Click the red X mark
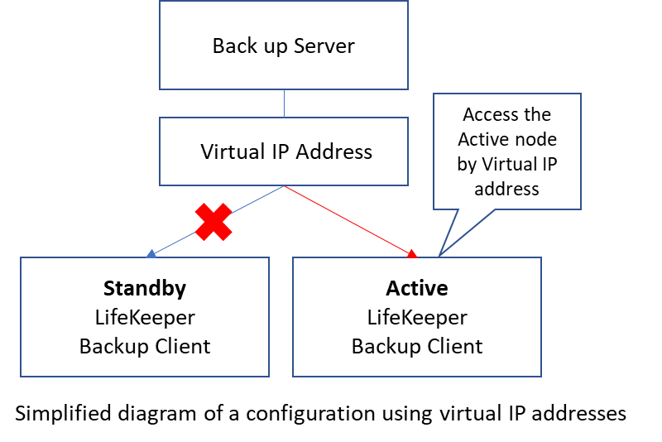tap(213, 222)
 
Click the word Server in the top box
tap(324, 46)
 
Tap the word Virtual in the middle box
tap(233, 151)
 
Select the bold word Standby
tap(145, 289)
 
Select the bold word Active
tap(417, 288)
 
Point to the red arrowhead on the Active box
tap(412, 253)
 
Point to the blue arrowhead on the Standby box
tap(151, 253)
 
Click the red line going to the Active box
tap(348, 219)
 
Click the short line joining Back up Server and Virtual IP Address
tap(284, 103)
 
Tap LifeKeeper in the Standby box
tap(145, 318)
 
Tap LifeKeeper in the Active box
tap(417, 318)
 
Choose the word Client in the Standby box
tap(183, 347)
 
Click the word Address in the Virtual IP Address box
tap(334, 151)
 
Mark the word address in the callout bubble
tap(506, 189)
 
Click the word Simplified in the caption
tap(64, 413)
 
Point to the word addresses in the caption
tap(578, 413)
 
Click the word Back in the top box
tap(235, 46)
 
